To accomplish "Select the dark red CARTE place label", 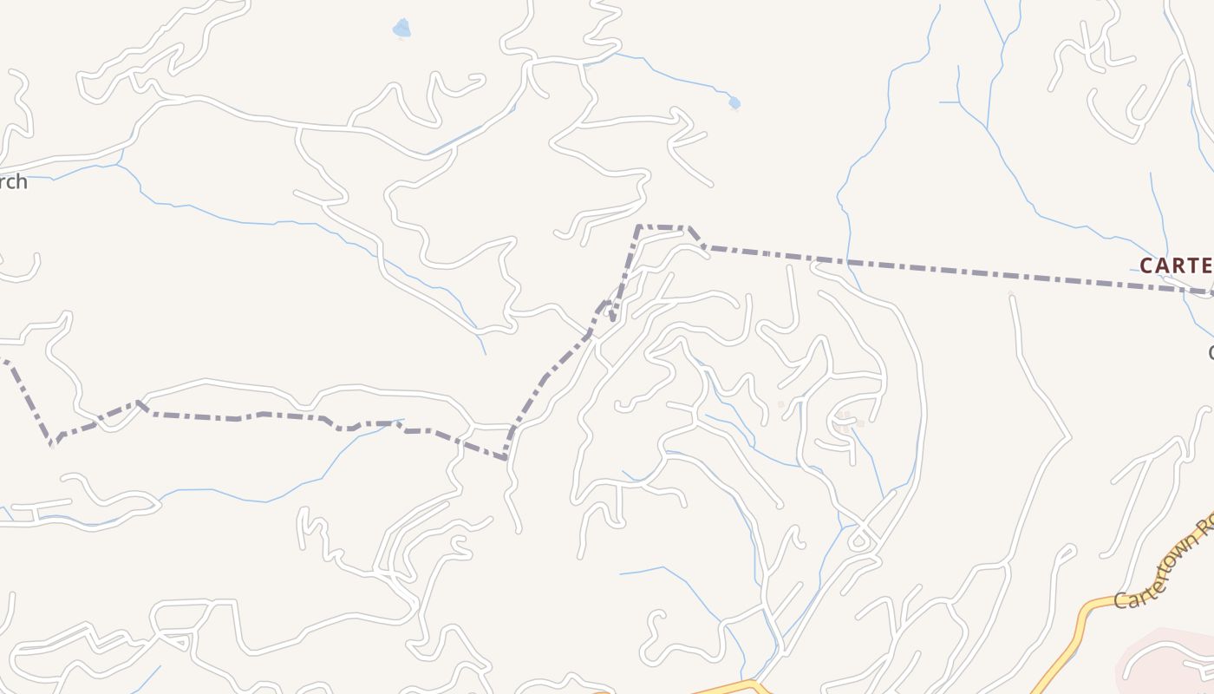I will [x=1176, y=265].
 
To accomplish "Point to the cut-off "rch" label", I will [x=13, y=182].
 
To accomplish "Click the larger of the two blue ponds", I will [x=401, y=29].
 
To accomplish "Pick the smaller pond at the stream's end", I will [x=734, y=103].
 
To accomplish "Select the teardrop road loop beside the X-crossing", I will [x=859, y=541].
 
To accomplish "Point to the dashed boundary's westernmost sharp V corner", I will [x=52, y=443].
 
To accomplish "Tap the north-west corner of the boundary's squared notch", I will [x=639, y=227].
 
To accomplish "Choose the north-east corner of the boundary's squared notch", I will [x=689, y=228].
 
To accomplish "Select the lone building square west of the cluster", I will [x=780, y=404].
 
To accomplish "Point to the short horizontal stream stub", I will [x=950, y=102].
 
